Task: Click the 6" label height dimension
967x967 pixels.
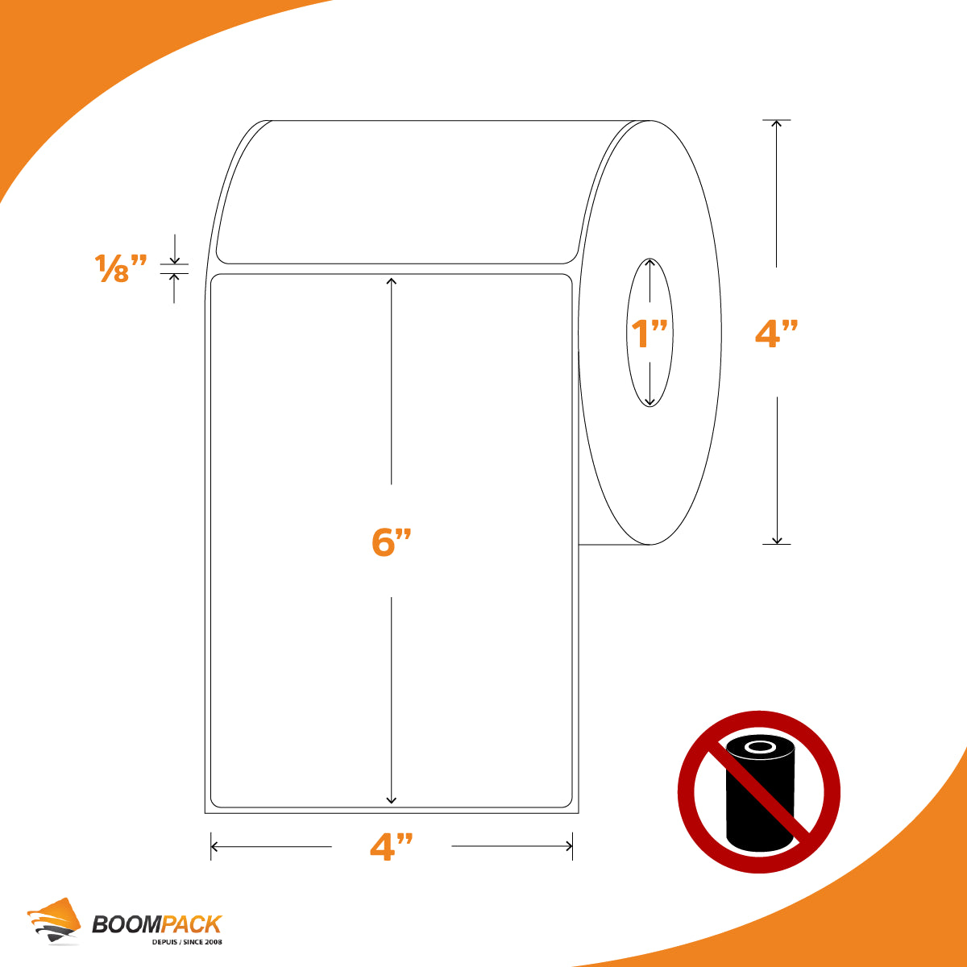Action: [392, 542]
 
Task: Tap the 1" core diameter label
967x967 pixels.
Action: [650, 333]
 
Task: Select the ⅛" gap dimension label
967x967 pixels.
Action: [120, 268]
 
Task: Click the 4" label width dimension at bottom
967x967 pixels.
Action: [392, 847]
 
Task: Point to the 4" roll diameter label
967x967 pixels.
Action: [776, 332]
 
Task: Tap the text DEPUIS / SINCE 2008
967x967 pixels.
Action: [187, 942]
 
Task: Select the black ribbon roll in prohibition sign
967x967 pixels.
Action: [760, 794]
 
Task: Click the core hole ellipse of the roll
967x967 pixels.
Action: [626, 333]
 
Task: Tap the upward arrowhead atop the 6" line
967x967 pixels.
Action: [392, 281]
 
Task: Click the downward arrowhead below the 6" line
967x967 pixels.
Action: [392, 800]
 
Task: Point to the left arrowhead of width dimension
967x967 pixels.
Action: [215, 847]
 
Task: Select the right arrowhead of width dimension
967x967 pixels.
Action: [569, 847]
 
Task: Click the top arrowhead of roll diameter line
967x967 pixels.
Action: [776, 124]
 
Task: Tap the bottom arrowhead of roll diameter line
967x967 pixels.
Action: [777, 540]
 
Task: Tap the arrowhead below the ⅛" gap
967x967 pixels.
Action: [174, 277]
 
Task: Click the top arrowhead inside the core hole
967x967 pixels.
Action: [650, 263]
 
